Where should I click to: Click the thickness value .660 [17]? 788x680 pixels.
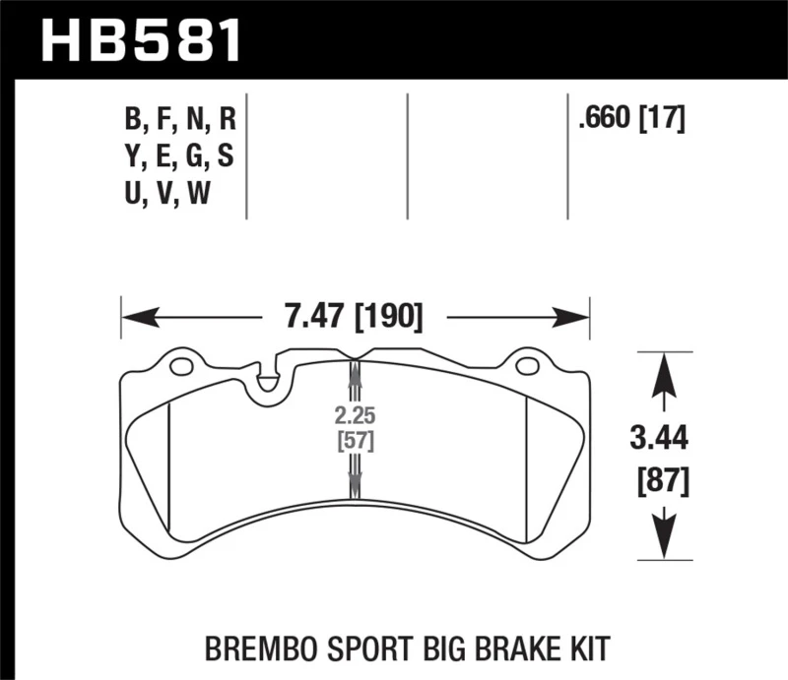(631, 119)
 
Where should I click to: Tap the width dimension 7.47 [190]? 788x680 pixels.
(354, 317)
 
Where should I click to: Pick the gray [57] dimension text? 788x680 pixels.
(356, 439)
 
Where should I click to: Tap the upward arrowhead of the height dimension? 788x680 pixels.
(665, 368)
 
